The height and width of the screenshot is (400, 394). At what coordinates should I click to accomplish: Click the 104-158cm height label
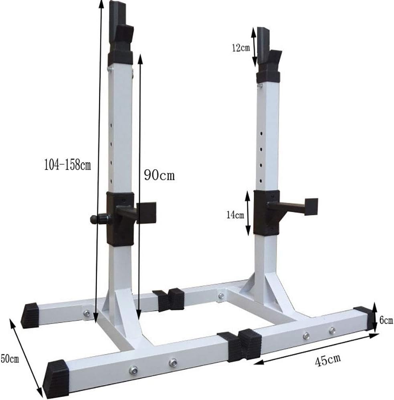coord(67,164)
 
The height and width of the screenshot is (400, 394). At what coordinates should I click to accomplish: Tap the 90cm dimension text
coord(159,175)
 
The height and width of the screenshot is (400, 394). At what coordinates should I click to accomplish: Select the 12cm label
coord(241,48)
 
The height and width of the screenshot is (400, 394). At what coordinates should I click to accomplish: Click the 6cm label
coord(386,320)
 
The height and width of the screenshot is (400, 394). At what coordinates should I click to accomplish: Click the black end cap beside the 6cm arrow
coord(363,318)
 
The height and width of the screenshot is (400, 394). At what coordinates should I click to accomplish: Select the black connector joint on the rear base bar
coord(170,299)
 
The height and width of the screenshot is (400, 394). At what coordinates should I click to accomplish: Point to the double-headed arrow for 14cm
coord(249,213)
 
